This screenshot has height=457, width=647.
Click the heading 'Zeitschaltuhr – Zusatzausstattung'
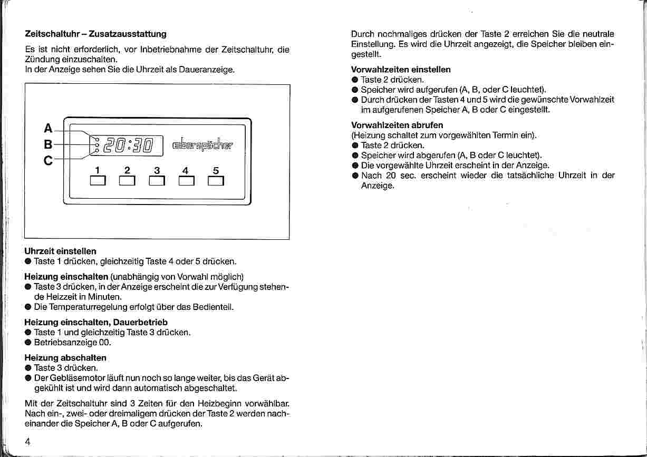point(95,34)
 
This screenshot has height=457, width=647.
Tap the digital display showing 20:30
point(129,144)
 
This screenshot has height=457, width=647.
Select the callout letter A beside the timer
point(49,128)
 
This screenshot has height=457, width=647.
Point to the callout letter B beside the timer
point(49,144)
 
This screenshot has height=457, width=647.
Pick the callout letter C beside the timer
point(49,161)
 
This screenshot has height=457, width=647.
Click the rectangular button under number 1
point(98,181)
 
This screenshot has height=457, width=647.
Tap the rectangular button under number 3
point(157,181)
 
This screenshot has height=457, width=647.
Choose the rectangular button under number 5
point(216,181)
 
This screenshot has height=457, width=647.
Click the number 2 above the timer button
point(127,171)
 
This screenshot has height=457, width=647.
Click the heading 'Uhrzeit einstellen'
point(61,251)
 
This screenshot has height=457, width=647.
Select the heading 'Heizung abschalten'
point(65,357)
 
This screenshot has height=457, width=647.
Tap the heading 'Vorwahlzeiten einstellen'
point(401,69)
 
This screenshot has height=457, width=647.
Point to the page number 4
point(27,442)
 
